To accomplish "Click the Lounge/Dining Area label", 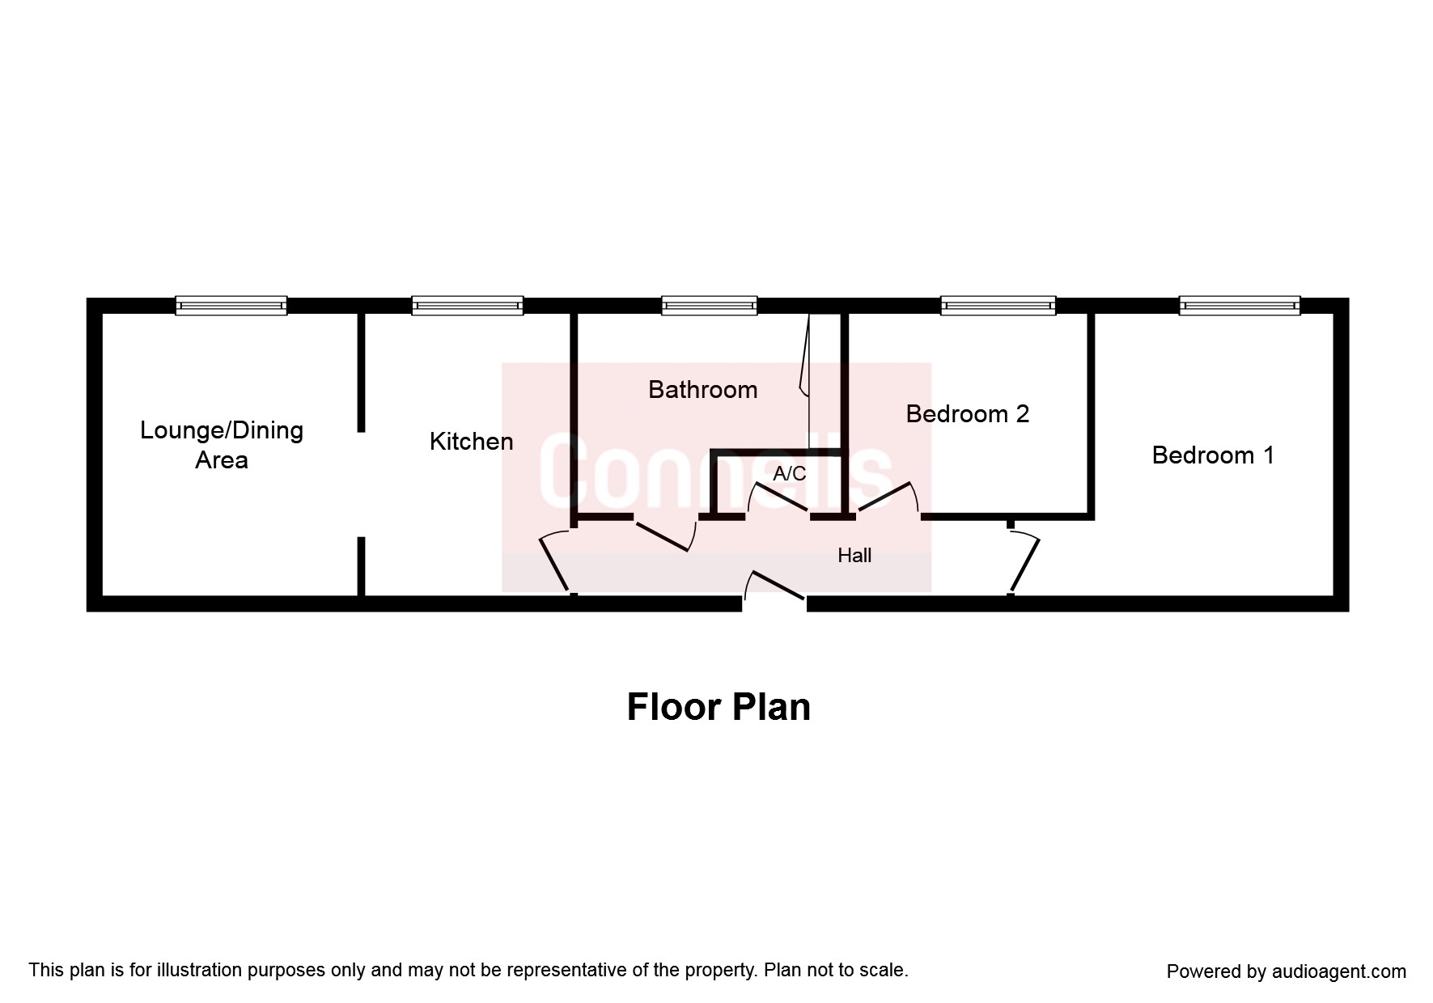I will click(221, 445).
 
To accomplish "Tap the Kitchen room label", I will click(471, 442).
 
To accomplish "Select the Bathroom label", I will click(702, 390).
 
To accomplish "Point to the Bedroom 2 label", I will click(967, 414).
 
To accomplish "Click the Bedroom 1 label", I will click(1212, 455).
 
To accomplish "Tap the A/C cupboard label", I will click(789, 474).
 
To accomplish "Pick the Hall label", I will click(854, 556).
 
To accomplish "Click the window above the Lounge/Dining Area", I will click(231, 306).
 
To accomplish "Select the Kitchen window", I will click(467, 306).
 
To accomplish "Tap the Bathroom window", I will click(709, 306).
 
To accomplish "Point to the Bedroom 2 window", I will click(998, 306).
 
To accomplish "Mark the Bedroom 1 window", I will click(1239, 306).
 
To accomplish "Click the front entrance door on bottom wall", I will click(776, 587).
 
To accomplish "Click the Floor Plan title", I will click(719, 707).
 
